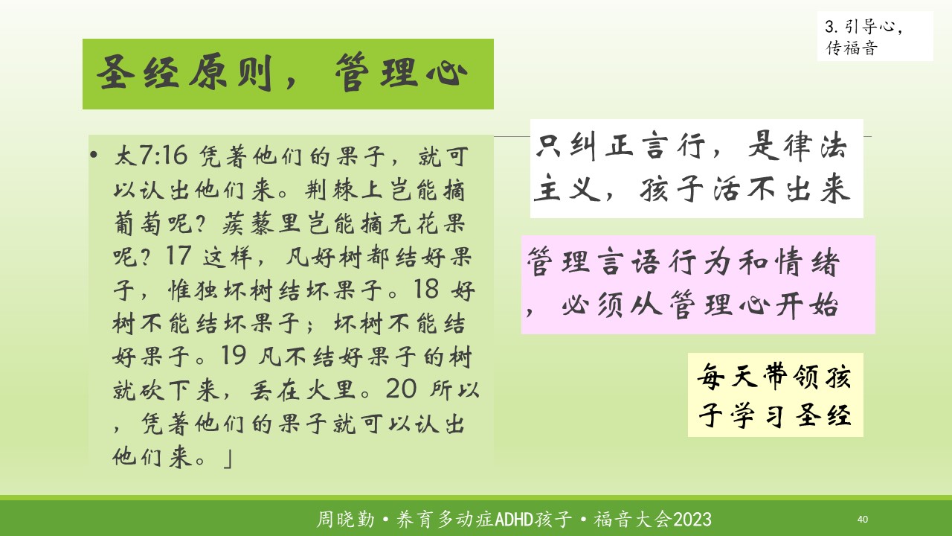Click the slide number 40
click(x=862, y=519)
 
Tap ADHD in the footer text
click(x=514, y=520)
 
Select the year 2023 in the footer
click(x=692, y=520)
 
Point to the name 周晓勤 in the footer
click(x=346, y=520)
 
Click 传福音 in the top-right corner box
click(x=852, y=48)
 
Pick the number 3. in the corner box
click(x=832, y=26)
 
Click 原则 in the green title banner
click(x=230, y=73)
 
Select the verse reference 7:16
click(x=163, y=155)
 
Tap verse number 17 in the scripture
click(x=178, y=255)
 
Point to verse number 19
click(x=234, y=355)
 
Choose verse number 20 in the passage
click(x=401, y=389)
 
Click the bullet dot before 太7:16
click(x=94, y=155)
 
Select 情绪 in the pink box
click(x=807, y=262)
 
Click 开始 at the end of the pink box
click(x=807, y=305)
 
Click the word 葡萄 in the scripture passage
click(x=138, y=223)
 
